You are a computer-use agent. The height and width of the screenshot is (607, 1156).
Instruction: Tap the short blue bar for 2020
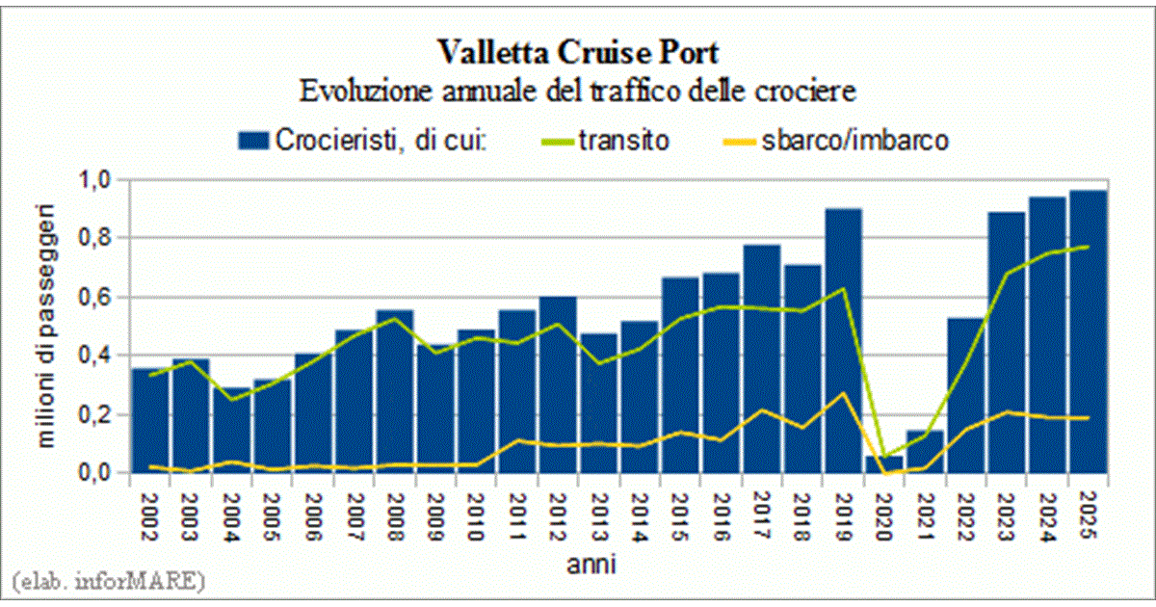click(x=883, y=463)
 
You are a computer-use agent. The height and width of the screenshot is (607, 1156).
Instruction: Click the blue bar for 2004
click(x=232, y=434)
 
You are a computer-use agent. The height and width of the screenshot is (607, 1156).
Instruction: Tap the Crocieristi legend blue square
click(x=253, y=142)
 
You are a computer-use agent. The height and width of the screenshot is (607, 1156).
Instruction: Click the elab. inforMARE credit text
click(x=106, y=581)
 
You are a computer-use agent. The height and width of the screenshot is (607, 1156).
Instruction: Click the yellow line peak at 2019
click(x=843, y=393)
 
